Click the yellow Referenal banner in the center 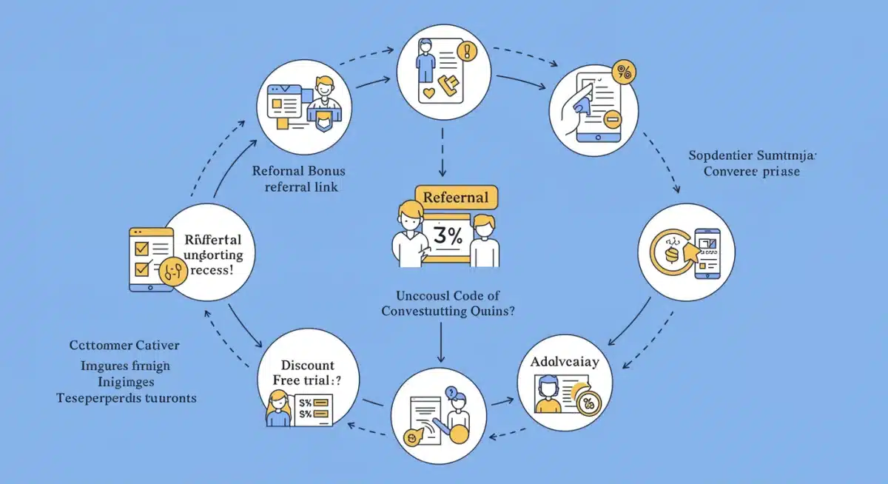456,198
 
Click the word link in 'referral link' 324,186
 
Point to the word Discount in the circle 307,366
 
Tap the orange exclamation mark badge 466,51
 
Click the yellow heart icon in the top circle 428,95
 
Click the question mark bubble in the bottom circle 451,392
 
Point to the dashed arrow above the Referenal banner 442,152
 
